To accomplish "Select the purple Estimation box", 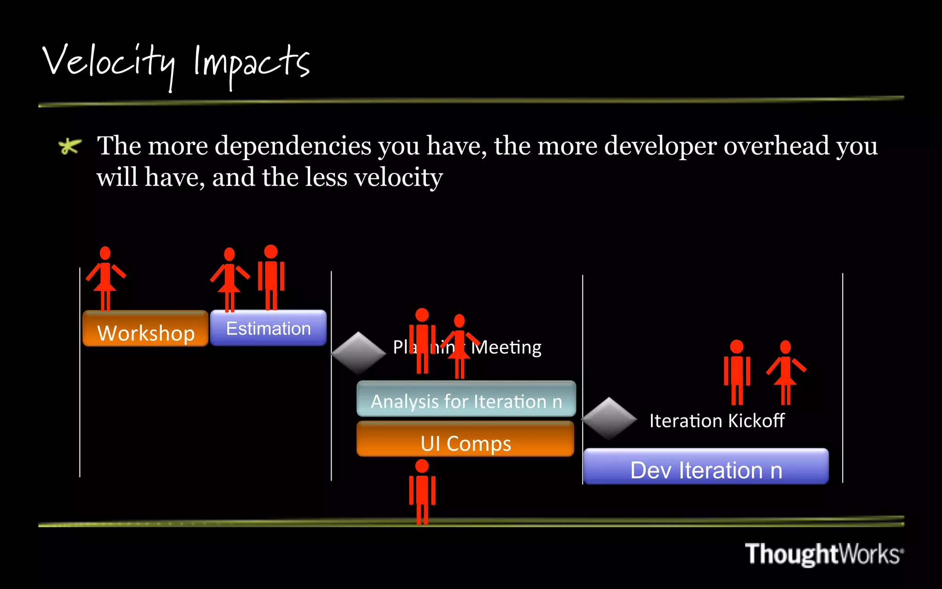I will point(268,328).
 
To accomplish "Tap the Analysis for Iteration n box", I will point(466,399).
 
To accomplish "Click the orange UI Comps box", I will point(465,440).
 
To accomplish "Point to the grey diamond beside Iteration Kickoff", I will point(609,418).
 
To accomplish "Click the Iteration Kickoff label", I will point(716,421).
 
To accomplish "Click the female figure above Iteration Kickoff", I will point(786,372).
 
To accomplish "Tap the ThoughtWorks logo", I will point(823,554).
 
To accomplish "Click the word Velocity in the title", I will point(109,64).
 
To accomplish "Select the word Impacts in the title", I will point(251,64).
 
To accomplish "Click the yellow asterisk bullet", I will point(70,146).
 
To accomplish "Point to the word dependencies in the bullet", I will point(293,146).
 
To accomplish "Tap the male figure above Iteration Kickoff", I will point(737,372).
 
